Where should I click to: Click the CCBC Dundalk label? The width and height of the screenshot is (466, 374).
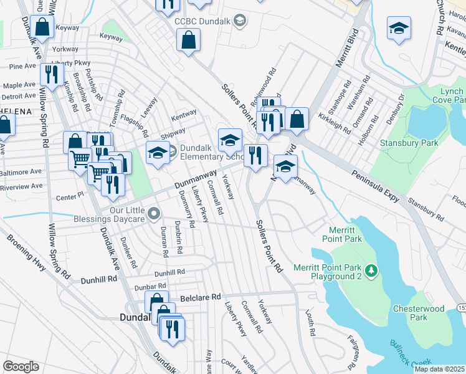(x=204, y=21)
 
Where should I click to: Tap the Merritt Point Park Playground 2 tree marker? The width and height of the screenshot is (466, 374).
(x=371, y=270)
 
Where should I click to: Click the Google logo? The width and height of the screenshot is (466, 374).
(x=21, y=367)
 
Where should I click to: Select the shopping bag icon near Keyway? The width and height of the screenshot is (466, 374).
(x=42, y=27)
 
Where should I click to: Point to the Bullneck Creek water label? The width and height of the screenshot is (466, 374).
(x=412, y=352)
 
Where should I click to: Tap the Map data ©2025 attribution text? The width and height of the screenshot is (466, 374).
(x=439, y=369)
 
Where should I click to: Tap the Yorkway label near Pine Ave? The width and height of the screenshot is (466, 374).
(x=66, y=48)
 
